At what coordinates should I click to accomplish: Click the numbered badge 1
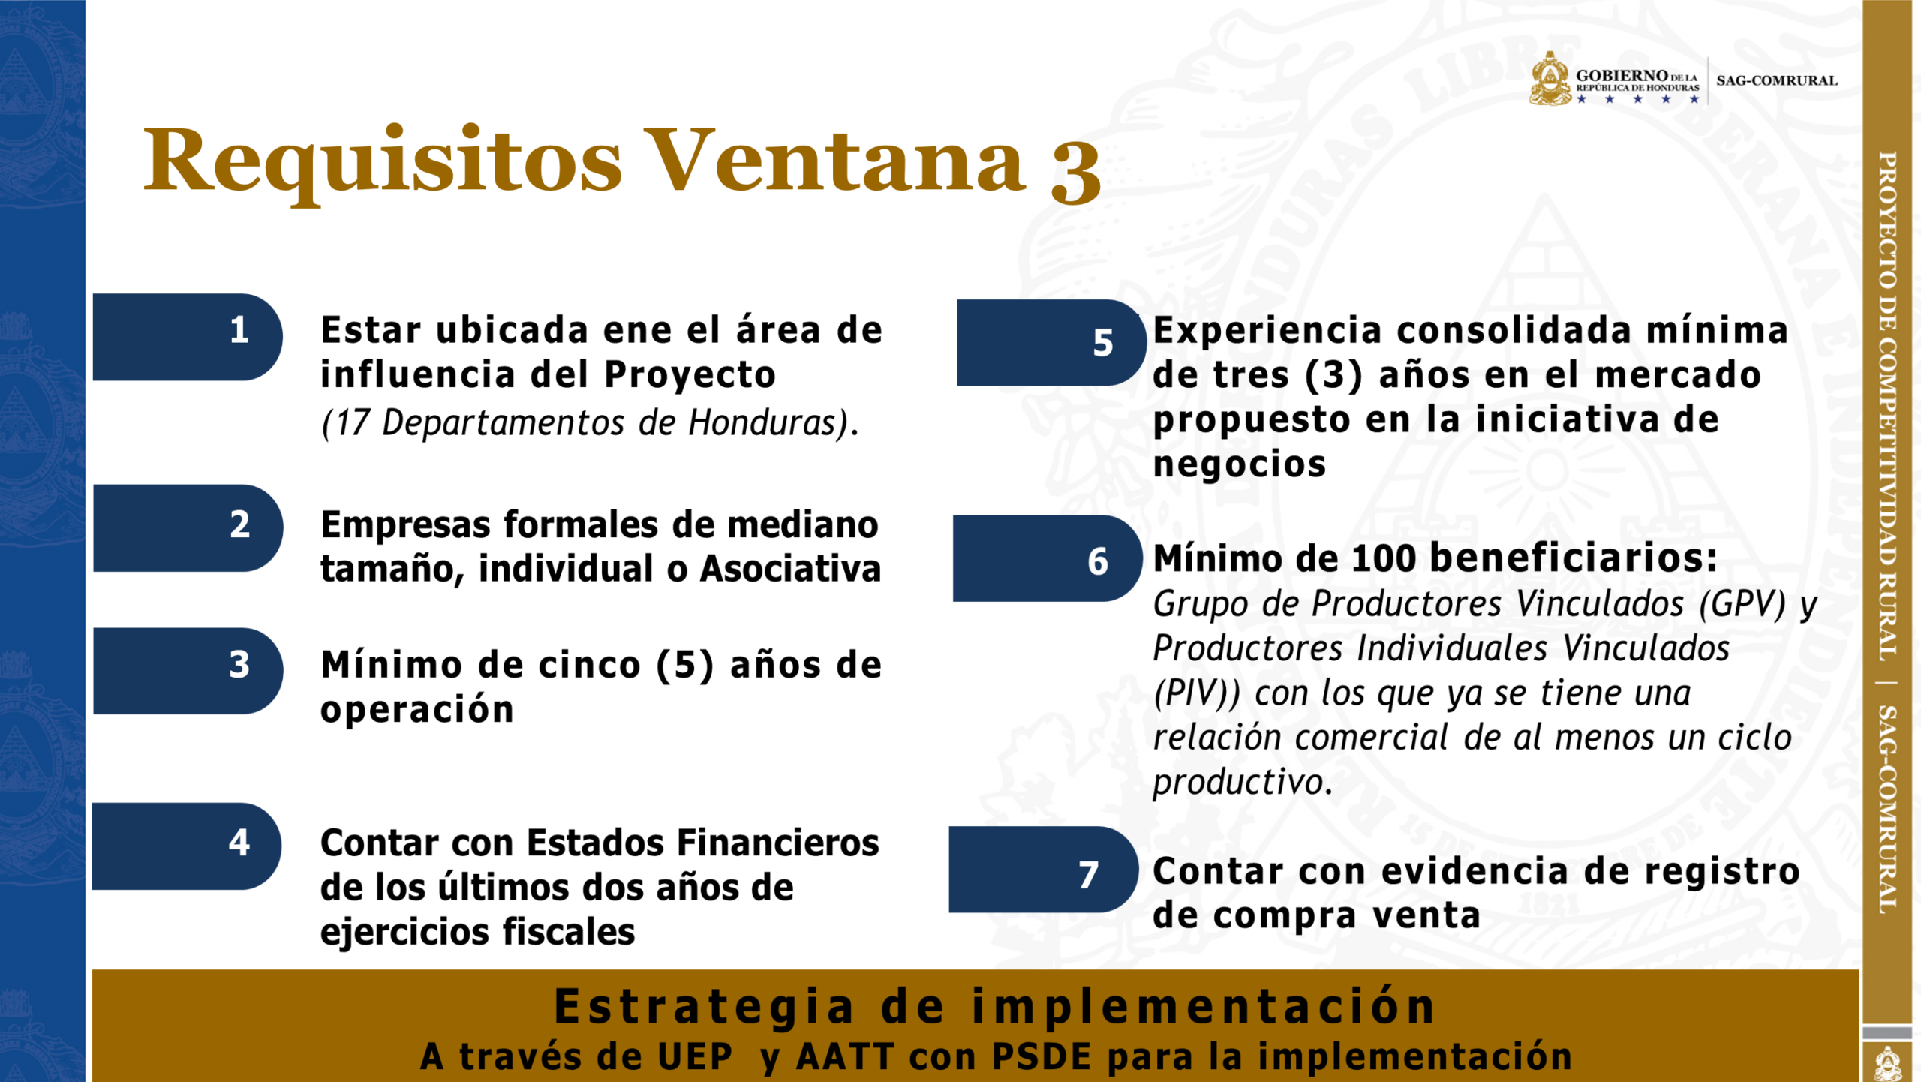[188, 337]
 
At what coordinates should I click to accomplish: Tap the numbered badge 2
[188, 528]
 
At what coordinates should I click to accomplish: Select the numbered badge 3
[188, 671]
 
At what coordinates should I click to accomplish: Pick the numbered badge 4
[187, 846]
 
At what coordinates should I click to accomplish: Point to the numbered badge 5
[1052, 343]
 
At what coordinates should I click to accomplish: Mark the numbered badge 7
[1044, 870]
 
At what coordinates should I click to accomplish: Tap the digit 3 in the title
[1076, 173]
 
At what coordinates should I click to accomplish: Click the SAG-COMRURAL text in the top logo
[1776, 80]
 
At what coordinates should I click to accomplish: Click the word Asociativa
[790, 568]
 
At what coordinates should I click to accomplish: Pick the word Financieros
[777, 843]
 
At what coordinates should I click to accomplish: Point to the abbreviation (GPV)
[1742, 604]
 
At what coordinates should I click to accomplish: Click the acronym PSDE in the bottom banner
[1041, 1056]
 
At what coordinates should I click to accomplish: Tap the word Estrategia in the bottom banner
[704, 1008]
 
